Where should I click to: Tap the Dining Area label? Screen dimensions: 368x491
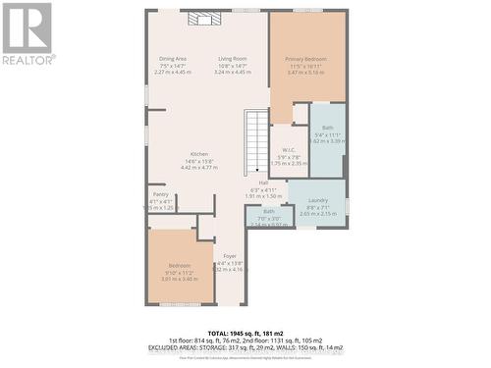click(x=173, y=59)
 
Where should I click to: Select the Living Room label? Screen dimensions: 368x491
click(x=233, y=59)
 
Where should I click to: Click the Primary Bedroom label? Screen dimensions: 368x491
click(x=307, y=59)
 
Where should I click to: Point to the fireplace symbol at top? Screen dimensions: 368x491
click(x=200, y=19)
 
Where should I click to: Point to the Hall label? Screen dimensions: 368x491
click(x=263, y=183)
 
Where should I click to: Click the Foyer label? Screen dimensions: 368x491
click(x=229, y=255)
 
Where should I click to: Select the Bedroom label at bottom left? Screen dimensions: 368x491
click(x=179, y=266)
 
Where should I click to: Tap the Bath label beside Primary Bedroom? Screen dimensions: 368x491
click(x=327, y=128)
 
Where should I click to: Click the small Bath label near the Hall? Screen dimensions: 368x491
click(x=268, y=211)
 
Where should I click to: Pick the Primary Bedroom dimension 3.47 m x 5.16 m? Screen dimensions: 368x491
click(x=307, y=73)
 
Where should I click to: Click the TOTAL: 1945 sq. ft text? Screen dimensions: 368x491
click(x=246, y=333)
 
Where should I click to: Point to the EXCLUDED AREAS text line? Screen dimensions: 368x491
click(x=246, y=347)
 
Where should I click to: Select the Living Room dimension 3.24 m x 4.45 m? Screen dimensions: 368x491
click(x=233, y=73)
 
